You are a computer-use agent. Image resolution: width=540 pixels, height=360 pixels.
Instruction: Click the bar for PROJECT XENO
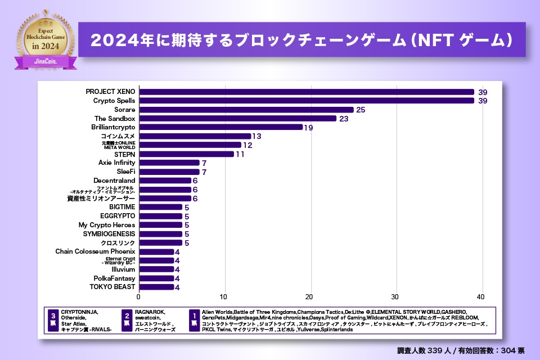tap(307, 92)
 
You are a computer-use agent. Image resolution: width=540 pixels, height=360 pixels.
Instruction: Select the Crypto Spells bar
tap(307, 101)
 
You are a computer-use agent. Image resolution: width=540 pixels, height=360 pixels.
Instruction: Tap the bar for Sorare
tap(246, 110)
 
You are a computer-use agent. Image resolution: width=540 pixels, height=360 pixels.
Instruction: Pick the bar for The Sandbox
tap(238, 119)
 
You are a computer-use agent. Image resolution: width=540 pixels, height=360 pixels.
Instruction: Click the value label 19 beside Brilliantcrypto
tap(309, 128)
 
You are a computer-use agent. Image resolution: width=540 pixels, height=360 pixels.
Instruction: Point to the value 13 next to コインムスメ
tap(256, 136)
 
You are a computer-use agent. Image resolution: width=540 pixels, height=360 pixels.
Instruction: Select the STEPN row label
tap(124, 154)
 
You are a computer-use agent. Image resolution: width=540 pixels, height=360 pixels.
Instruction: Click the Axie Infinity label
tap(117, 163)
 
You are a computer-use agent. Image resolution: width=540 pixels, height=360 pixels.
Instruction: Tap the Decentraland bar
tap(165, 181)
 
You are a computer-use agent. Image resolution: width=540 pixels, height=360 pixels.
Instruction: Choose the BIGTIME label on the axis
tap(122, 207)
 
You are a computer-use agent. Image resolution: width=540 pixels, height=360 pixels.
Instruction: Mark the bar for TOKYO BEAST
tap(156, 287)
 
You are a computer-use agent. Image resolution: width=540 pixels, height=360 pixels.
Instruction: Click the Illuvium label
tap(123, 269)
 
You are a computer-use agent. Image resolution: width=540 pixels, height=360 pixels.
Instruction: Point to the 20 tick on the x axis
tap(310, 297)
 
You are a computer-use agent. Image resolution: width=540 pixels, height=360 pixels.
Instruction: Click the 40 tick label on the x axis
tap(481, 297)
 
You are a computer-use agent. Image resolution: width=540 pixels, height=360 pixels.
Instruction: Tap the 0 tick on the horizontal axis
tap(139, 297)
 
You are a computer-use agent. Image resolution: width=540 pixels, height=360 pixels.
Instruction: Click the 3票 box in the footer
tap(53, 319)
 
